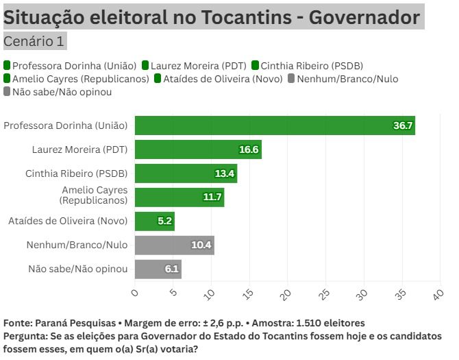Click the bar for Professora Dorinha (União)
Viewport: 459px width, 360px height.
(x=274, y=125)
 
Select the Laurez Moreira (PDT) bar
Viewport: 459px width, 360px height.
(x=198, y=149)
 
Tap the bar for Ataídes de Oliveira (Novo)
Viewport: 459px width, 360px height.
(x=154, y=221)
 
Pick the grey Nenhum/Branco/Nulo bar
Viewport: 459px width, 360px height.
(x=174, y=245)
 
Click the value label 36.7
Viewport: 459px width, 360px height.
(x=403, y=125)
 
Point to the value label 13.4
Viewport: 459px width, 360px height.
(x=225, y=173)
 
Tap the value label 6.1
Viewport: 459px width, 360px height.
(x=172, y=269)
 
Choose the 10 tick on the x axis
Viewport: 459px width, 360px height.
(x=210, y=293)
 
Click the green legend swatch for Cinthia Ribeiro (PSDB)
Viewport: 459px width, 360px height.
(x=256, y=66)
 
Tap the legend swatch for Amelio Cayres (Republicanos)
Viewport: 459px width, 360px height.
(x=7, y=79)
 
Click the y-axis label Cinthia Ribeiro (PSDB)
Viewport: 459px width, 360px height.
(x=76, y=173)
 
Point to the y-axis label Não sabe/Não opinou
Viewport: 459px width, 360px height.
(x=77, y=269)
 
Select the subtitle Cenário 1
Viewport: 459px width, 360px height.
(x=34, y=41)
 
